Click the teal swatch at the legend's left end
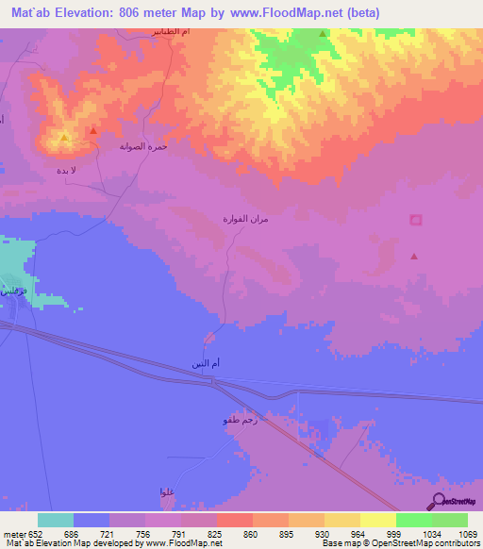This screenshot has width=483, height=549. point(55,520)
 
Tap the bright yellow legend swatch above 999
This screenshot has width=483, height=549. point(377,520)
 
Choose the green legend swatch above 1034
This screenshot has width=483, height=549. point(413,520)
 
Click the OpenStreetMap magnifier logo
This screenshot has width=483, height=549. point(436,501)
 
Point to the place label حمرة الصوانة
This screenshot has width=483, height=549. point(143,148)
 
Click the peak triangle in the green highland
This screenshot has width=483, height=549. point(323,34)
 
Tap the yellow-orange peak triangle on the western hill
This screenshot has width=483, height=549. point(63,138)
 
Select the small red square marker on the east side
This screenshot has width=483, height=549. point(415,220)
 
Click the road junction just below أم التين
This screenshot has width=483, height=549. point(216,381)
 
